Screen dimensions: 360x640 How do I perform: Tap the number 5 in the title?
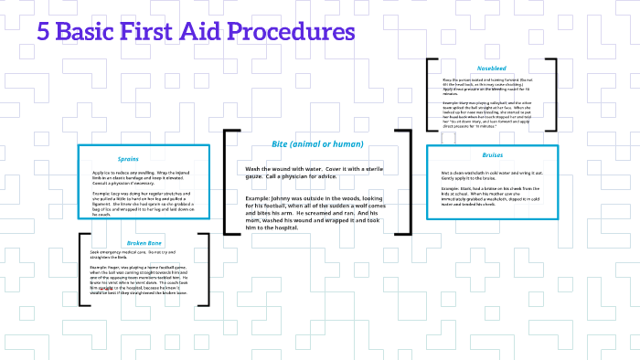43,32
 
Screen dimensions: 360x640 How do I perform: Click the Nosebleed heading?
491,69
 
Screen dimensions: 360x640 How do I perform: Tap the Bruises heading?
493,155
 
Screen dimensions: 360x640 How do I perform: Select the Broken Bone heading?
144,243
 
